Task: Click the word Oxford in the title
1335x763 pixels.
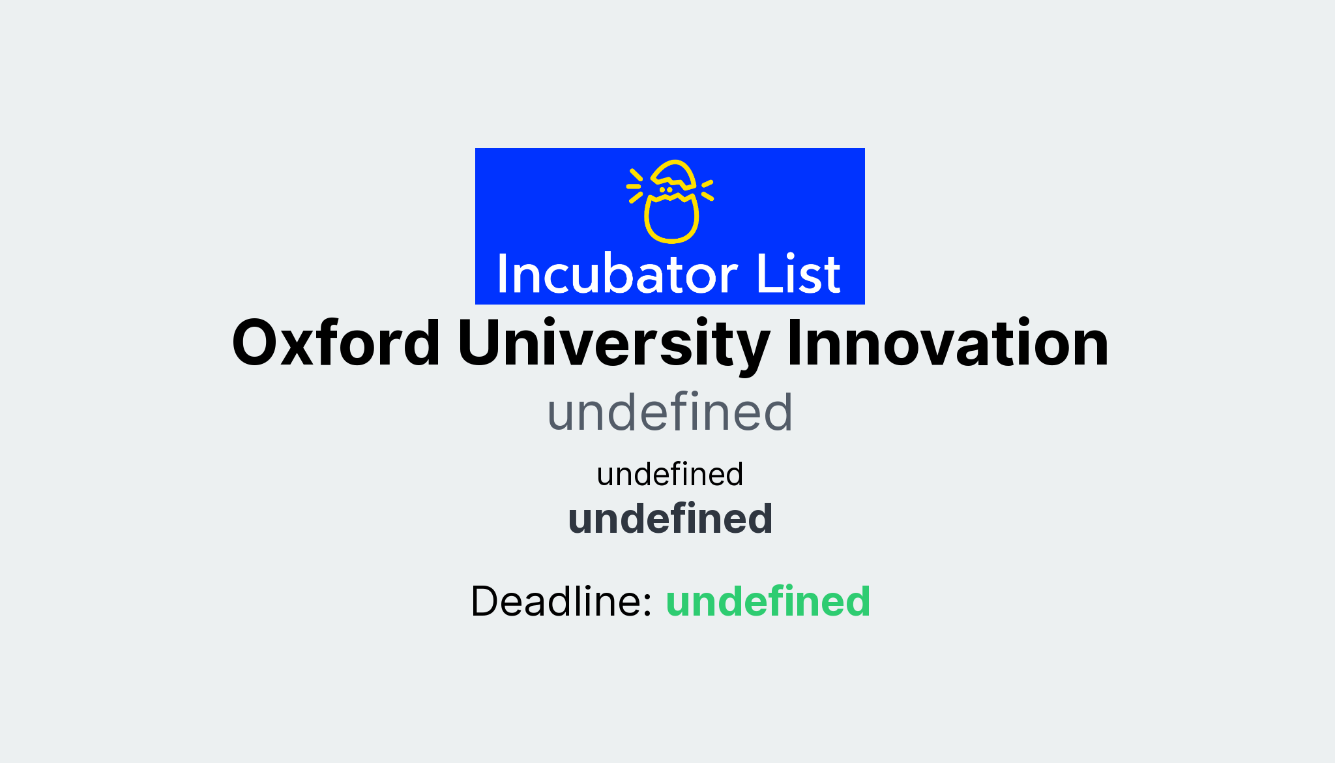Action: [x=336, y=344]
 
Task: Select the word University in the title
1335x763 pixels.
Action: [x=613, y=344]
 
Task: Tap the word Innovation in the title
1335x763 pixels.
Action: [x=947, y=344]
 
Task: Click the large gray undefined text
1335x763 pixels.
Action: [x=669, y=413]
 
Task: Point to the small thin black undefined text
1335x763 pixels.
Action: [x=669, y=474]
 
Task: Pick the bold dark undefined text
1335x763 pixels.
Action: [x=670, y=519]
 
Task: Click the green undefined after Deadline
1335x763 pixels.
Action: [x=768, y=601]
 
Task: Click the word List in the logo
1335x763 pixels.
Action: [x=798, y=274]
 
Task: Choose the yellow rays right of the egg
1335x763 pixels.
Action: [x=707, y=189]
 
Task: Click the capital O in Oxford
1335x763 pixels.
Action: [x=257, y=344]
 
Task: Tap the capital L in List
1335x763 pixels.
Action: [x=766, y=274]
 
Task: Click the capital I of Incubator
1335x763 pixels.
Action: [x=503, y=274]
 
